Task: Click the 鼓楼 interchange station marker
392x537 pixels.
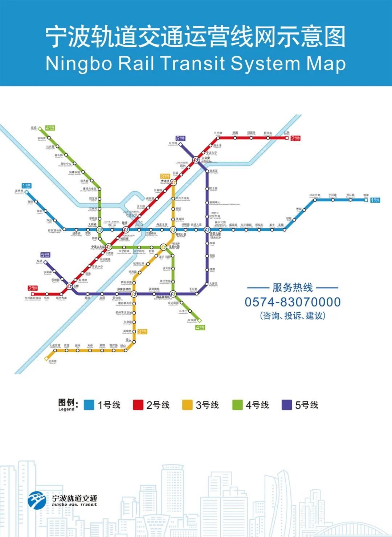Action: [126, 230]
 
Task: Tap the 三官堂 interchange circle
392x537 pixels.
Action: [196, 160]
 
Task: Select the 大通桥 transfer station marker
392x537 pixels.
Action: [173, 182]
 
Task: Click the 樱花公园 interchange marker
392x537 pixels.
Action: [173, 230]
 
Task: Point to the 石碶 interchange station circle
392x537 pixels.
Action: [69, 286]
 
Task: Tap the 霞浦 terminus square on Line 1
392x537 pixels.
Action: [366, 200]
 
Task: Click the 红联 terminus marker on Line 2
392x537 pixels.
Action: [287, 138]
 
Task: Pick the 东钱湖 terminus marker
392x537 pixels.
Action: [199, 320]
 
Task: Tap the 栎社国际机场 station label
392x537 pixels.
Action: [33, 298]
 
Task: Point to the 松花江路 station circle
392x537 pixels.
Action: [315, 200]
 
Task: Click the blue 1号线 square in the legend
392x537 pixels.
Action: [89, 405]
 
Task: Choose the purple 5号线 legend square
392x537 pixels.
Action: [287, 405]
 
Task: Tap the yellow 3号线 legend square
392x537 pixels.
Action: [187, 405]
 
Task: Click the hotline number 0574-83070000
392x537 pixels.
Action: [293, 302]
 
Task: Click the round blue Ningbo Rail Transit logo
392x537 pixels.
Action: [37, 500]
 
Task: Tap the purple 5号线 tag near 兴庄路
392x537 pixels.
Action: [180, 138]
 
